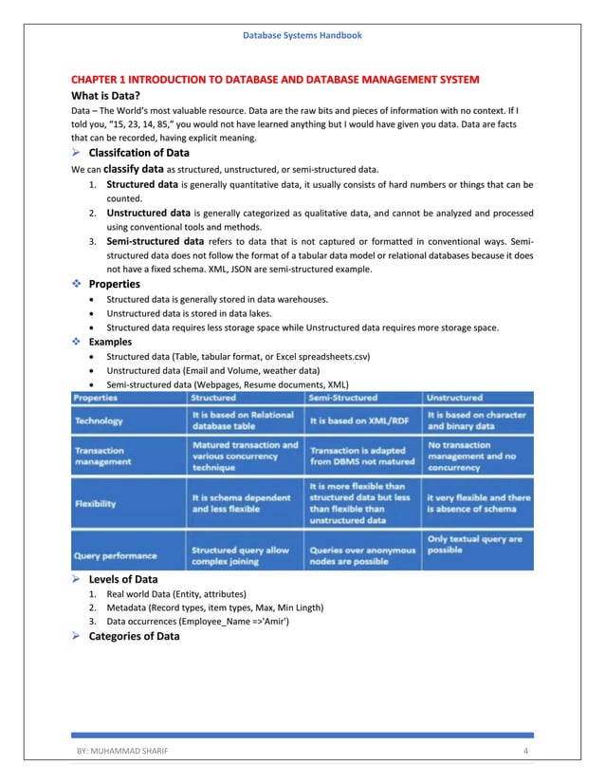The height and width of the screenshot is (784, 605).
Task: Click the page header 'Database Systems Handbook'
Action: (302, 35)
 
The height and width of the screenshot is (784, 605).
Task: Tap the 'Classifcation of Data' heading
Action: (138, 153)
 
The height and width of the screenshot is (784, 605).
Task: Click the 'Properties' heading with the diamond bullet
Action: (114, 284)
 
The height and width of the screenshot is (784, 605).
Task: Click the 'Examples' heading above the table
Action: (110, 342)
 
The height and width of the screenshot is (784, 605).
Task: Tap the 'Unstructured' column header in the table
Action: (454, 398)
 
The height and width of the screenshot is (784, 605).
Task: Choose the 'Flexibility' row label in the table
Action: (96, 503)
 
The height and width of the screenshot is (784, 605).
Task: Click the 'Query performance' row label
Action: (115, 554)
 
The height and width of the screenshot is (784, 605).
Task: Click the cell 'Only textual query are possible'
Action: (474, 544)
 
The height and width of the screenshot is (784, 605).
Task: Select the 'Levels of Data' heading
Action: (123, 579)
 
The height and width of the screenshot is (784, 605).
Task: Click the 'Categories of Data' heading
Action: (134, 636)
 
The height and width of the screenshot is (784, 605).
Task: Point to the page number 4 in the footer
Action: (525, 752)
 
